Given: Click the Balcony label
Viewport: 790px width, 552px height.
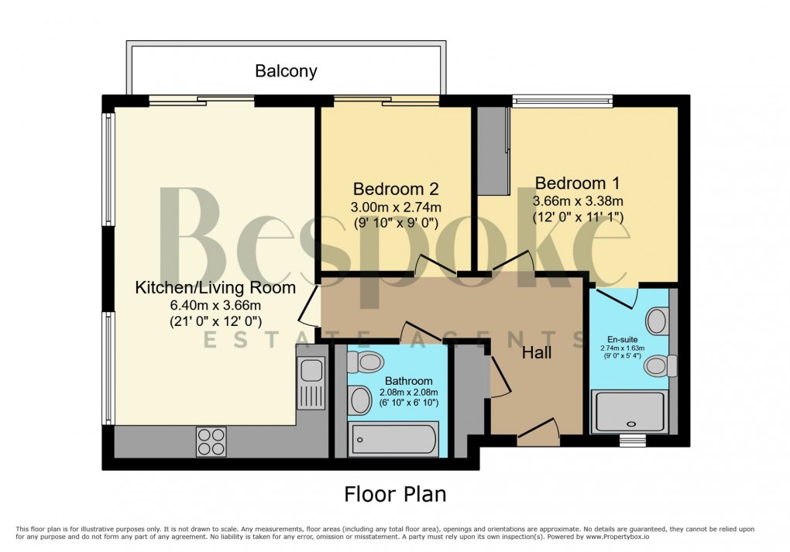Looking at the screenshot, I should [x=286, y=71].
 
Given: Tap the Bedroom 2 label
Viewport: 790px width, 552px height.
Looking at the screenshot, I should [x=396, y=189].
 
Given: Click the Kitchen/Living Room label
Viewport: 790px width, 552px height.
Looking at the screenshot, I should [x=215, y=288].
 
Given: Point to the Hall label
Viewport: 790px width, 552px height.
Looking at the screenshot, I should [x=537, y=352].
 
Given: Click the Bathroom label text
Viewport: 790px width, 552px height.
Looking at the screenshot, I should [x=409, y=381].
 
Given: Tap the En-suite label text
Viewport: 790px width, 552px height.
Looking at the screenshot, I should [x=623, y=338].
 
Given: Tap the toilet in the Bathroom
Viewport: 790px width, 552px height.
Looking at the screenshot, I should [x=365, y=361].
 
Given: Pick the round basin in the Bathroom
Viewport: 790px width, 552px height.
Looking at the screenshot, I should [x=360, y=400].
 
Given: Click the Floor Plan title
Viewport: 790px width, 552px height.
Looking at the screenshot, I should [x=394, y=493].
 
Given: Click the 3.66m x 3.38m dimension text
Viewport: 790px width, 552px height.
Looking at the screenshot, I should [x=578, y=201].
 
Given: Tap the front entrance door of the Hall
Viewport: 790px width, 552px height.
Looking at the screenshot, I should [x=538, y=432].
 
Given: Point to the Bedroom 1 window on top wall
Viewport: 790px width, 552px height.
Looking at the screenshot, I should [x=562, y=100].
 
